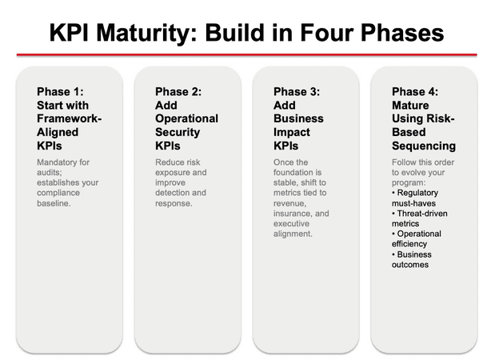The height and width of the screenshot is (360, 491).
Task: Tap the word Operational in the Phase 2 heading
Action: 186,119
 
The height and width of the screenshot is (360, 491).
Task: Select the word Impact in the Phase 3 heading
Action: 292,133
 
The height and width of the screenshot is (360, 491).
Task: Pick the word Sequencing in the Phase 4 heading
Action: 424,146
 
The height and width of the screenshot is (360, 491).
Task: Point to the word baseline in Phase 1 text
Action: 56,203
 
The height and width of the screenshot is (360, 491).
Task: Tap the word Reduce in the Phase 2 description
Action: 171,162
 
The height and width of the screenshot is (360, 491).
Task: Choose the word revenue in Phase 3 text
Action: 290,203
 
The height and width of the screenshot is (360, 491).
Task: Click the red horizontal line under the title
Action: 245,54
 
